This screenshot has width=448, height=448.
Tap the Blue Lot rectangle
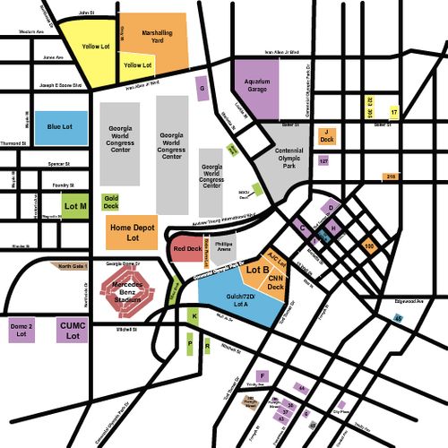[61, 127]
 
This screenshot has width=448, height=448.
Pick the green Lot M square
[76, 206]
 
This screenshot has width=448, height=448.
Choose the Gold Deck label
[111, 202]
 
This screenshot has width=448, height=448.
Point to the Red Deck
[187, 248]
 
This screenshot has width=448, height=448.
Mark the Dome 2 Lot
[22, 330]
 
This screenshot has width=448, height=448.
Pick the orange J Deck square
[327, 137]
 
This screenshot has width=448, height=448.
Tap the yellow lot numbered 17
[393, 113]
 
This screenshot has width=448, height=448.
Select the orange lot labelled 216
[391, 177]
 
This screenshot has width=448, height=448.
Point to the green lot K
[194, 316]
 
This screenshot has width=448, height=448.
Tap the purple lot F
[263, 375]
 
